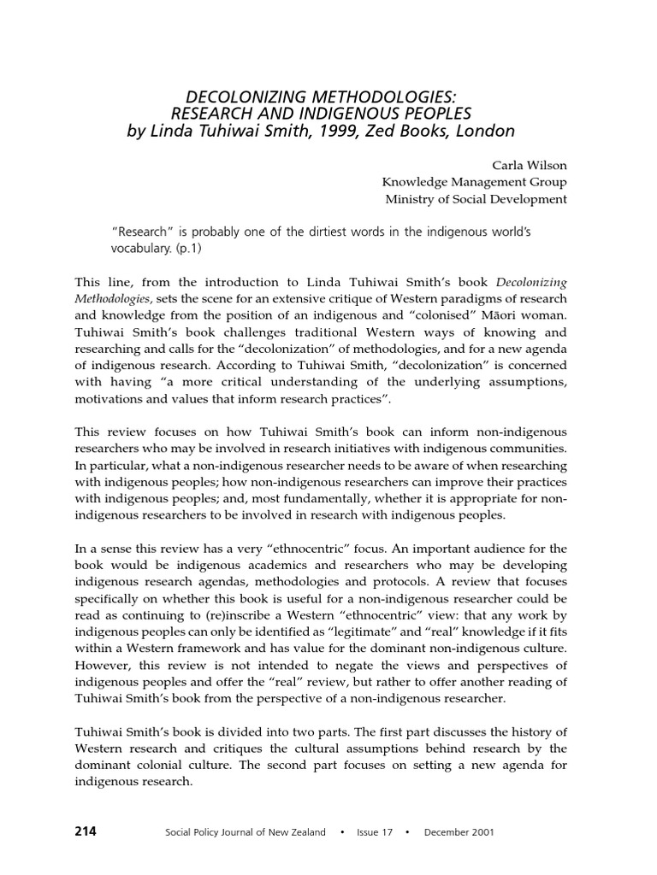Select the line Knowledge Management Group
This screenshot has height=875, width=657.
point(474,181)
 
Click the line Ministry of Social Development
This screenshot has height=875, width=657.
point(476,199)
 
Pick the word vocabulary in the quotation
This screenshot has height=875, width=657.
point(139,249)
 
